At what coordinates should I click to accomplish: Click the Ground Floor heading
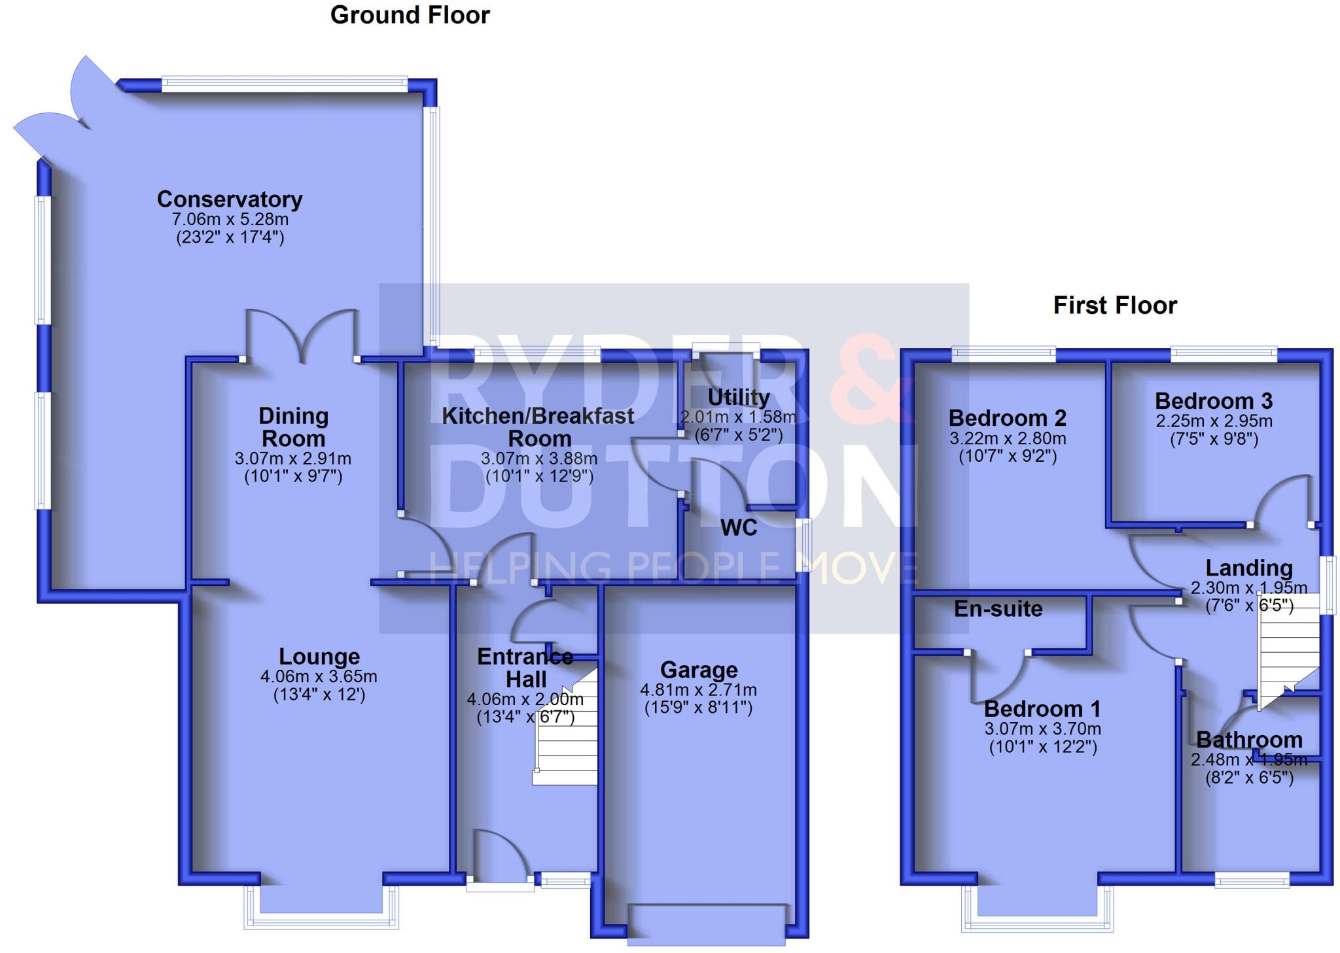(410, 15)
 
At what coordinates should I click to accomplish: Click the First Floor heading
(1114, 305)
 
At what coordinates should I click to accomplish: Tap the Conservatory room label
(230, 199)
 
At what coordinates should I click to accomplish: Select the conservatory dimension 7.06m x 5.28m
(230, 219)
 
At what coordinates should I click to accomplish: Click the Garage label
(699, 670)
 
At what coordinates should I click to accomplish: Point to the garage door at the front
(706, 924)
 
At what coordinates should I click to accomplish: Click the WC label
(739, 528)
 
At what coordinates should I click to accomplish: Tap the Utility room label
(739, 397)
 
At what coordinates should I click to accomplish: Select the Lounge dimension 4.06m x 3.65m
(319, 676)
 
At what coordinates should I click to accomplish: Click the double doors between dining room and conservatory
(302, 337)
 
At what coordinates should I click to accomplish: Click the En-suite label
(998, 609)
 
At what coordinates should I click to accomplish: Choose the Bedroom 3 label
(1214, 401)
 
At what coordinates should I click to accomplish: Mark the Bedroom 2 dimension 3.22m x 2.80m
(1008, 438)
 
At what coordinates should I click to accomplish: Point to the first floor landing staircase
(1288, 648)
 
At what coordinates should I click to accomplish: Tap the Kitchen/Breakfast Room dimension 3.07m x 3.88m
(538, 459)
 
